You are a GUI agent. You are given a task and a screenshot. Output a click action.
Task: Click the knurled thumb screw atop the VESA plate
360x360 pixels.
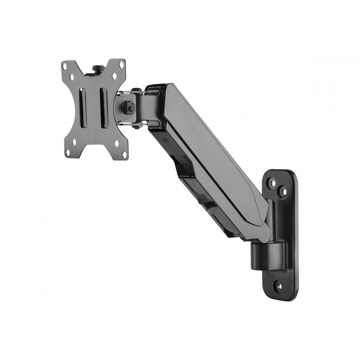coord(97,68)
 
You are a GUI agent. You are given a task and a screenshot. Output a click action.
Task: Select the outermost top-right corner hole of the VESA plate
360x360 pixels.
coord(122,64)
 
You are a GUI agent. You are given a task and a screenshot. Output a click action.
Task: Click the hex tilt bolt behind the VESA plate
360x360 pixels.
coord(128,107)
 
